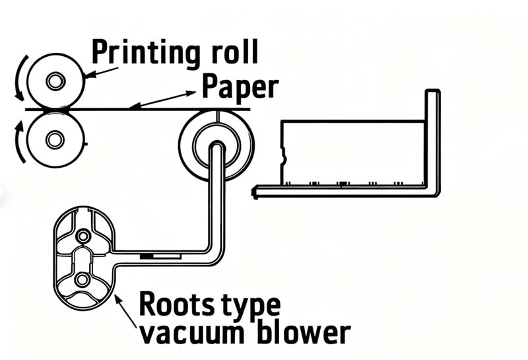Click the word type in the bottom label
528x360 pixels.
coord(251,305)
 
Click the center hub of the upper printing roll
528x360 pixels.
coord(55,81)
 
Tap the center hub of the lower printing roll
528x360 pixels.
coord(55,139)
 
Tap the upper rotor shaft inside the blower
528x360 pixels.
coord(82,236)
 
